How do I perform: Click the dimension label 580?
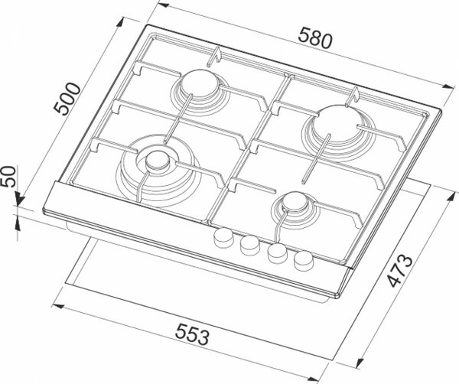click(x=315, y=37)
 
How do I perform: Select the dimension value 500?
click(x=67, y=99)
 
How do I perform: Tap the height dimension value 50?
click(x=8, y=176)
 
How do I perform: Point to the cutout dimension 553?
click(x=192, y=334)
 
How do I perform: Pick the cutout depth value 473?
click(x=400, y=271)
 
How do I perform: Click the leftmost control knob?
click(x=224, y=237)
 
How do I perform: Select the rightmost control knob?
click(x=304, y=261)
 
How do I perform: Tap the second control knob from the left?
click(x=250, y=246)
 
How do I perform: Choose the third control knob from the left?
click(x=277, y=253)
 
